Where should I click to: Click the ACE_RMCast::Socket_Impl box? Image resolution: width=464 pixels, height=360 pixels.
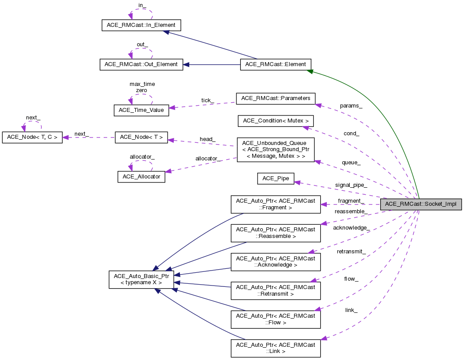[x=421, y=204]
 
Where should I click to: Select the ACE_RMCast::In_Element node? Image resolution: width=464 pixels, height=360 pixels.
[x=141, y=25]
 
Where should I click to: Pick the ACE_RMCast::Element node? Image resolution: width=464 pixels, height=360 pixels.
[x=275, y=64]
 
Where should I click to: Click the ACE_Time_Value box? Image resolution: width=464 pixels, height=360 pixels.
[x=141, y=111]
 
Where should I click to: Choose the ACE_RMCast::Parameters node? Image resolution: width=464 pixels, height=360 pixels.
[x=276, y=98]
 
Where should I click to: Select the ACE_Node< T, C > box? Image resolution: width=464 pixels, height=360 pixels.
[x=32, y=137]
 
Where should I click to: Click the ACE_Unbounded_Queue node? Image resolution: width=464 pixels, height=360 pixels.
[x=275, y=150]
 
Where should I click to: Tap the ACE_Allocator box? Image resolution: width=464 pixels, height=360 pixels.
[x=141, y=177]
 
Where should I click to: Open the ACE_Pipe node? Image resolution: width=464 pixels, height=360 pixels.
[x=275, y=178]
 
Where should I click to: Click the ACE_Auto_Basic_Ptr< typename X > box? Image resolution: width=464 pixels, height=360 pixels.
[x=141, y=279]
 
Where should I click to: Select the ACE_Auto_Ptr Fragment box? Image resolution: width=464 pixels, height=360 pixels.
[x=275, y=204]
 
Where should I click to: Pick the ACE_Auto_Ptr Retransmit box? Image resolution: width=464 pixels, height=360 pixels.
[x=275, y=290]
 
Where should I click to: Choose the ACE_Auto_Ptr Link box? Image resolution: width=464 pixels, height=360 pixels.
[x=275, y=348]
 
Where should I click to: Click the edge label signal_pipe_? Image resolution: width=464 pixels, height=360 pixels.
[x=351, y=185]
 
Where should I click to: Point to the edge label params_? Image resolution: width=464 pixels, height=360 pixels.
[x=351, y=106]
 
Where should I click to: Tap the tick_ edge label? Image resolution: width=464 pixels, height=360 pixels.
[x=207, y=101]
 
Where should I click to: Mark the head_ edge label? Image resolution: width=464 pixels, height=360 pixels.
[x=207, y=139]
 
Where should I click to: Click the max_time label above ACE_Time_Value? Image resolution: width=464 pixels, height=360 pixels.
[x=142, y=84]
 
